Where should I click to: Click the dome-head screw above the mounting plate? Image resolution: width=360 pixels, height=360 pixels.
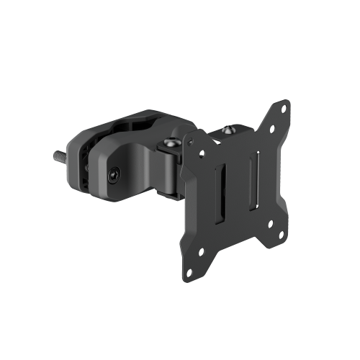point(229,132)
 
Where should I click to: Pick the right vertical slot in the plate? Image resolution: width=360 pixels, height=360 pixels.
point(251,184)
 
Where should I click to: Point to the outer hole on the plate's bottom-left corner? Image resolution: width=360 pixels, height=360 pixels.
point(190,272)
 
